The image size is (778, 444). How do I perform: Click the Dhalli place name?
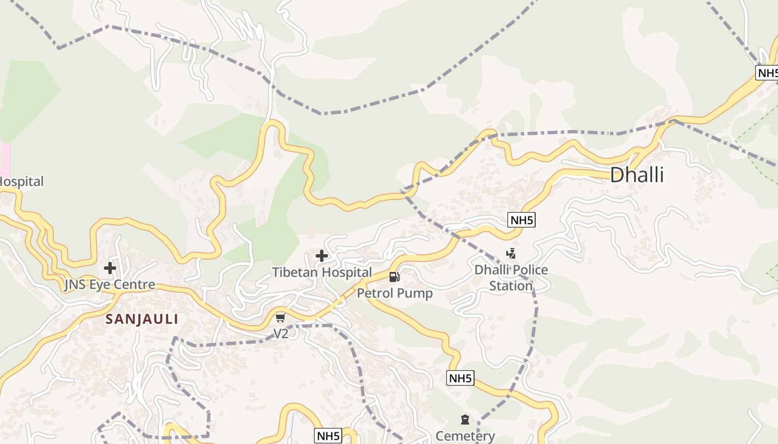click(637, 175)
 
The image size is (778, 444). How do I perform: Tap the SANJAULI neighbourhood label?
click(142, 319)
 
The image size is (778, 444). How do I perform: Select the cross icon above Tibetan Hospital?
click(322, 256)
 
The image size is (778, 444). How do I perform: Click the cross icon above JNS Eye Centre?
click(110, 268)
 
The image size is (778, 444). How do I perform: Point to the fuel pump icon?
click(395, 276)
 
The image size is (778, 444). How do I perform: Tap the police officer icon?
click(511, 254)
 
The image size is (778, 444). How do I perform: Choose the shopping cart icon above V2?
click(281, 317)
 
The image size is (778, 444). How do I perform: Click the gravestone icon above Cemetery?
click(465, 420)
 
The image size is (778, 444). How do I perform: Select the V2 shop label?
click(281, 334)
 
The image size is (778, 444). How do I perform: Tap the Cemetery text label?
click(465, 436)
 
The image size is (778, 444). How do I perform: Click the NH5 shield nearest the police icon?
click(522, 220)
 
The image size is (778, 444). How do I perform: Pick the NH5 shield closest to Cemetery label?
click(461, 379)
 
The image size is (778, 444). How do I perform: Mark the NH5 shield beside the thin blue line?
click(328, 436)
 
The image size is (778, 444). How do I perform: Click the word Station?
click(511, 286)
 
